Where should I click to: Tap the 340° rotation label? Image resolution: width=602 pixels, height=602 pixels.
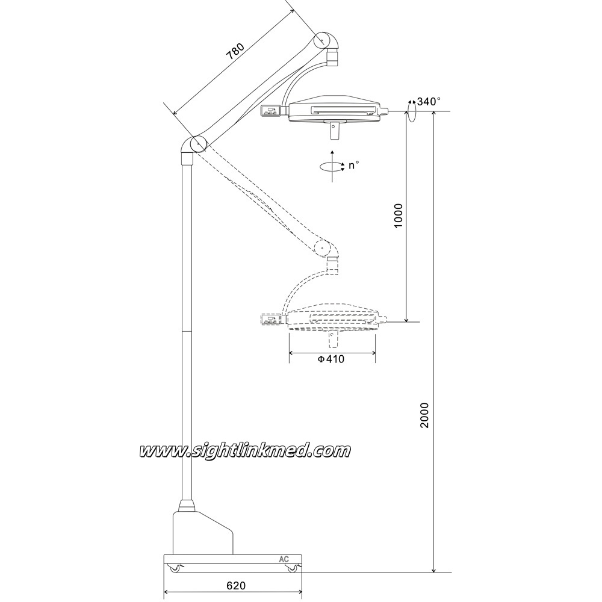pyautogui.click(x=429, y=101)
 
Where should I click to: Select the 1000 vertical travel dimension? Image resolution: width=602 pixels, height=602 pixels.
pyautogui.click(x=399, y=216)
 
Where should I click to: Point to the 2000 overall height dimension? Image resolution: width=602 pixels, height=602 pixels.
pyautogui.click(x=424, y=415)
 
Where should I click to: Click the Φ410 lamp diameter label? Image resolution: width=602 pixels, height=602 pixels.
pyautogui.click(x=331, y=359)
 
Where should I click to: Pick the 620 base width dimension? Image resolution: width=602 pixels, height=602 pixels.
pyautogui.click(x=236, y=586)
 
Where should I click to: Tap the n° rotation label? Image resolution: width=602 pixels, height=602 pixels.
pyautogui.click(x=353, y=166)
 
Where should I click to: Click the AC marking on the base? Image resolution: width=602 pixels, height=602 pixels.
pyautogui.click(x=284, y=559)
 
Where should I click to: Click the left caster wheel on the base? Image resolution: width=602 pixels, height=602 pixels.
pyautogui.click(x=175, y=568)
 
